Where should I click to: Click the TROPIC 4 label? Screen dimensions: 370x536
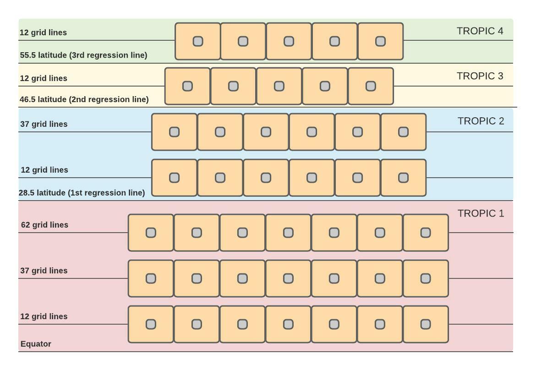[480, 31]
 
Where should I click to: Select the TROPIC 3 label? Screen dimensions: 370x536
[480, 76]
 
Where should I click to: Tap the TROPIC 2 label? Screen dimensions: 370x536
[481, 121]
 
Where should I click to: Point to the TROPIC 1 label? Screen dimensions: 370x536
[481, 213]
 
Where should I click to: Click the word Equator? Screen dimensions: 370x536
[36, 344]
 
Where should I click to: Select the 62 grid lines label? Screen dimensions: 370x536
[44, 225]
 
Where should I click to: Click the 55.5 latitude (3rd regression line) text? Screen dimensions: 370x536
[83, 55]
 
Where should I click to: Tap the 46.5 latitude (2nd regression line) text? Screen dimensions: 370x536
[84, 99]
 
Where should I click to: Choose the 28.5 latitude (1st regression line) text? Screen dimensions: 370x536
[82, 193]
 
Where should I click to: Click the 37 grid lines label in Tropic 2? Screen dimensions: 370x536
[44, 124]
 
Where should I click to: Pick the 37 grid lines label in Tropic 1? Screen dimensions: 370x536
[44, 271]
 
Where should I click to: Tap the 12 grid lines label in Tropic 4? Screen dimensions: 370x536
[43, 33]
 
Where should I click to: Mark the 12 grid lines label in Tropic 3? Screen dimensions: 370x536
[44, 78]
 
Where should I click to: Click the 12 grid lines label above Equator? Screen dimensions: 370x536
[44, 316]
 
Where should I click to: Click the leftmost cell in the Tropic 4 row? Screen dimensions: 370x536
[197, 41]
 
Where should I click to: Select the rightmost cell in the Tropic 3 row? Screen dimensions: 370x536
[371, 86]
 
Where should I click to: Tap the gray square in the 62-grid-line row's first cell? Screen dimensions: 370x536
[151, 233]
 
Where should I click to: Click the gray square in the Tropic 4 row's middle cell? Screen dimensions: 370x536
[289, 41]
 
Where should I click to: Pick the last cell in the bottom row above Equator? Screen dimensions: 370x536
[426, 324]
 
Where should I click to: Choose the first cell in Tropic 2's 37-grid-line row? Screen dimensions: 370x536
[174, 132]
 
